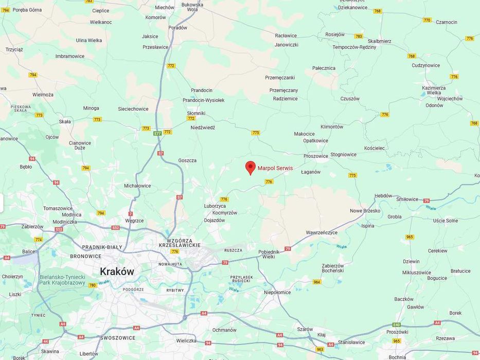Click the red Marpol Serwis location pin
(250, 168)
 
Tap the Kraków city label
(117, 272)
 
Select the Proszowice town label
(316, 156)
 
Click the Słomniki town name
(196, 113)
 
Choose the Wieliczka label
(186, 340)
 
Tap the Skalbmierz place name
(380, 41)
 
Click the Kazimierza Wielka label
(434, 90)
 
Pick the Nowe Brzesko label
(365, 211)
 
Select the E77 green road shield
(157, 134)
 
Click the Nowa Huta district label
(170, 264)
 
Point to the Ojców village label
(52, 137)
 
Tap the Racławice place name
(286, 36)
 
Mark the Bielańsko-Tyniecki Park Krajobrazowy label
(62, 280)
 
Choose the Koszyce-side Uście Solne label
(446, 221)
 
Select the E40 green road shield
(396, 325)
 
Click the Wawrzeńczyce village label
(322, 232)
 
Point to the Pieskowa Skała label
(21, 109)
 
